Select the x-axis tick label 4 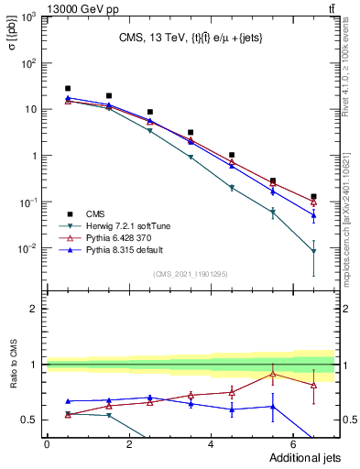211,443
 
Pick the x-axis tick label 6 293,443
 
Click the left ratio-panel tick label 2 34,309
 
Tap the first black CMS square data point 68,89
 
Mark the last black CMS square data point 313,197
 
